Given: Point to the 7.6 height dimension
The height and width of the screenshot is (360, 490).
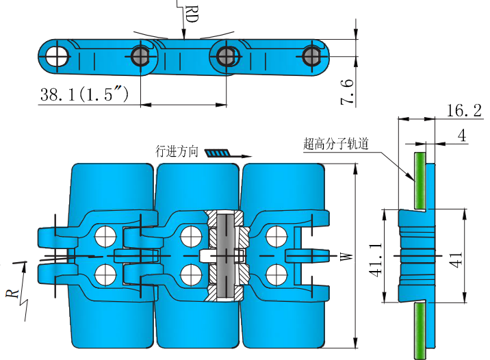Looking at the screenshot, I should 347,91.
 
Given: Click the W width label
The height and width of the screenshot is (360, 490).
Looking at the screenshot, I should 346,257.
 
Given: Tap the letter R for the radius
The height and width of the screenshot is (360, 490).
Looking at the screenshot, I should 12,293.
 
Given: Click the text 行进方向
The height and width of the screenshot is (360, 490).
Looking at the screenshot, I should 177,151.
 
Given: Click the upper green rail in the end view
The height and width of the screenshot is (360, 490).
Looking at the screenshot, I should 419,181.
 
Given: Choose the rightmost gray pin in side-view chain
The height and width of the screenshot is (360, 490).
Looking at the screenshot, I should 312,55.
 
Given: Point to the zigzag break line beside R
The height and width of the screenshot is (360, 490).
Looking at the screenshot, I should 27,305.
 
